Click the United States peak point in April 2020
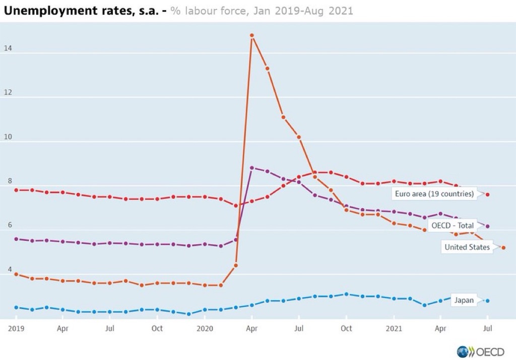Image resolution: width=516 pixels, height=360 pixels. pos(252,36)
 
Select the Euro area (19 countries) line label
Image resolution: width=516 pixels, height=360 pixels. pos(433,194)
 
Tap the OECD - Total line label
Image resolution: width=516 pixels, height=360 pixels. pos(451,226)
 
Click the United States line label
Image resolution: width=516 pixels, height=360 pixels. pos(467,247)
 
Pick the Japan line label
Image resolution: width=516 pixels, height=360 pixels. pos(464,300)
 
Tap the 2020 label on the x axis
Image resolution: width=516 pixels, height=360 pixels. pos(205,328)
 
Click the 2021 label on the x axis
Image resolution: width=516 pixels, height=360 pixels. pos(394,328)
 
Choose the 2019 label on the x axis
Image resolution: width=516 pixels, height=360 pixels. pos(16,328)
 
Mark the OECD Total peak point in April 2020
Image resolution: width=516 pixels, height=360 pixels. pos(252,168)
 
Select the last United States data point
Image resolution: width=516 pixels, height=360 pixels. pos(503,248)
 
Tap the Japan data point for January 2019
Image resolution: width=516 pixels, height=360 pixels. pos(16,307)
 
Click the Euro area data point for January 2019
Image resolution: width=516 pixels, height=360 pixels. pos(16,190)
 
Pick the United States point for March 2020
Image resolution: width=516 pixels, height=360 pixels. pos(236,265)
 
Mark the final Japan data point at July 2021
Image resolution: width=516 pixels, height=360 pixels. pos(487,301)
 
